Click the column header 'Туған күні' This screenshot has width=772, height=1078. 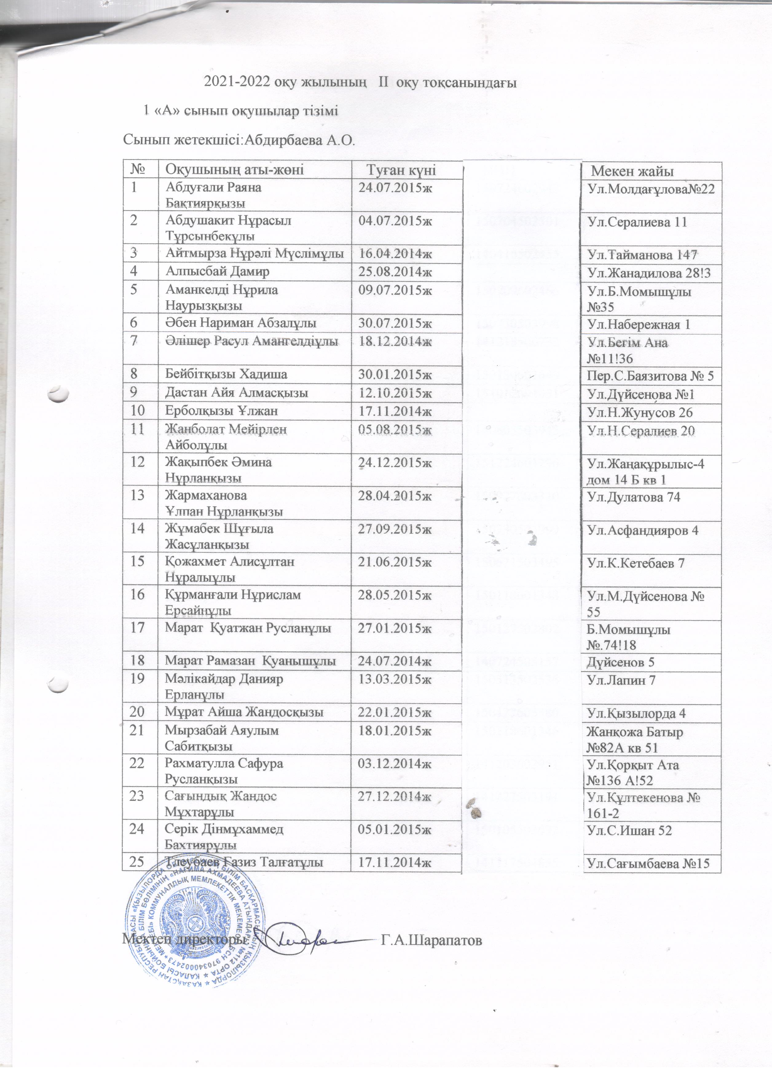tap(401, 171)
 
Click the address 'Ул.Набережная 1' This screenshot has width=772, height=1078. tap(639, 325)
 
